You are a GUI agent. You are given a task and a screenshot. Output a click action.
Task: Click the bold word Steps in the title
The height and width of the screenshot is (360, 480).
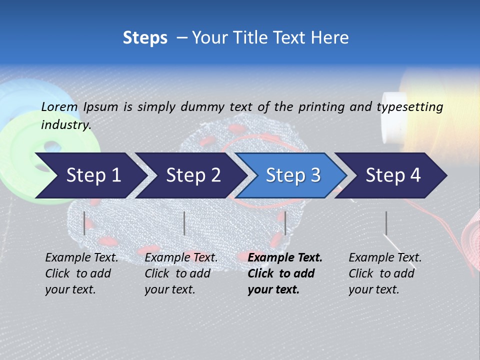click(x=145, y=38)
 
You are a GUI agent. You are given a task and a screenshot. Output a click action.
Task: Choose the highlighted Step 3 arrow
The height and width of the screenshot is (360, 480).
click(x=293, y=175)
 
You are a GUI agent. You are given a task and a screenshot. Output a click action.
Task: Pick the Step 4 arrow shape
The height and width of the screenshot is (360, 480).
click(x=393, y=175)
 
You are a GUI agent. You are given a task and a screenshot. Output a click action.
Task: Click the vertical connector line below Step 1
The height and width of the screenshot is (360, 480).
click(x=84, y=223)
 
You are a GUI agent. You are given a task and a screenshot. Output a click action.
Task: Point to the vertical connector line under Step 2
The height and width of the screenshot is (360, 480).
click(x=184, y=223)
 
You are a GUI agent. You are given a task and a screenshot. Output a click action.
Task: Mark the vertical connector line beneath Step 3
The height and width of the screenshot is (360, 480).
click(x=285, y=223)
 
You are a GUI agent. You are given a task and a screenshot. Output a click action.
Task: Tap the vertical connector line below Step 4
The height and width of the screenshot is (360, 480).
click(x=386, y=223)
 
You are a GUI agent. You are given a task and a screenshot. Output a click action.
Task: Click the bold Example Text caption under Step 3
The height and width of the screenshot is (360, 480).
click(x=285, y=273)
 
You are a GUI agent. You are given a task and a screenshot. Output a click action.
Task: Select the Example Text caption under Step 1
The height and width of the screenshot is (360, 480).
click(x=81, y=273)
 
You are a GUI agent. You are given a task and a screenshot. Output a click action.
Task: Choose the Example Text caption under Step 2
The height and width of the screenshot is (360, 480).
click(x=181, y=273)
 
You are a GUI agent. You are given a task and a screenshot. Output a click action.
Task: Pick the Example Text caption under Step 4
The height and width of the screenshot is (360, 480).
click(x=385, y=273)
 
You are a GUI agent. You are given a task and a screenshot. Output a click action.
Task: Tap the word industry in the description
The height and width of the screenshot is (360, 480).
click(x=65, y=125)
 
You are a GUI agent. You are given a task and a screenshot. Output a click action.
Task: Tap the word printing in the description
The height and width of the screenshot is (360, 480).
click(x=321, y=106)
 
